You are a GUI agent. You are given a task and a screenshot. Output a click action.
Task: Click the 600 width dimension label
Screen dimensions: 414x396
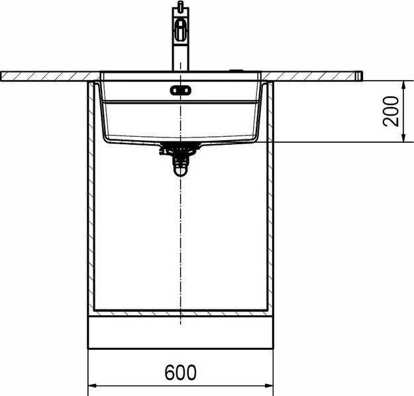[181, 372]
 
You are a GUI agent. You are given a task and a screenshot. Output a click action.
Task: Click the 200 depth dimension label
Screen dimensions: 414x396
[391, 112]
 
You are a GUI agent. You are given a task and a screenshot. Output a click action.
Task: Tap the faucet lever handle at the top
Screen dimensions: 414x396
[180, 30]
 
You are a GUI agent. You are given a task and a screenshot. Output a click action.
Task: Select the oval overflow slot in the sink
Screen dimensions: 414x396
[180, 91]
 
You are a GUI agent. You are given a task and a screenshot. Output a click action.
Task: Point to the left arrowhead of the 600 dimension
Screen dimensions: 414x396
[92, 385]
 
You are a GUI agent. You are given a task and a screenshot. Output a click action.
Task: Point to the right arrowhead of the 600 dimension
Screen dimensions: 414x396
[269, 385]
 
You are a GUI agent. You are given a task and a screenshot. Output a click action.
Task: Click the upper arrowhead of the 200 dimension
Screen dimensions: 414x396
[403, 85]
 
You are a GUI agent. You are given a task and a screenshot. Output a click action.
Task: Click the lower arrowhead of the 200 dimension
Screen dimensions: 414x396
[403, 138]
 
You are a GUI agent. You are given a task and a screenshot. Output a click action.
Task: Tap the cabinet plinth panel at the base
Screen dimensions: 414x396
[180, 333]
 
